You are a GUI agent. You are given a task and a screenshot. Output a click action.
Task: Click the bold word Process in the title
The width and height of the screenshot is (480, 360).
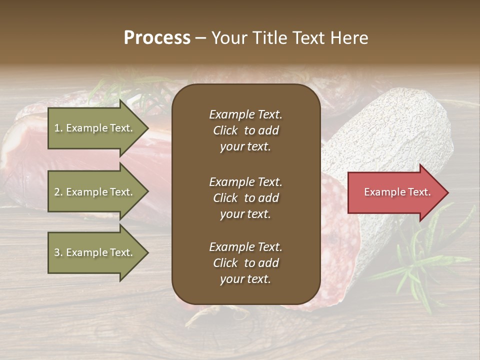point(157,38)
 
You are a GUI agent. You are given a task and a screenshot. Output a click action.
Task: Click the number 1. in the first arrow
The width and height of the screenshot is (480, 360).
point(58,128)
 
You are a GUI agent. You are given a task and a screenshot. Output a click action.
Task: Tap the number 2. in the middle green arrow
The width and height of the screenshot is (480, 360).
point(58,192)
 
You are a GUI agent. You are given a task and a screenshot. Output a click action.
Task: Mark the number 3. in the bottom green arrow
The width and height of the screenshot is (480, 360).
point(58,252)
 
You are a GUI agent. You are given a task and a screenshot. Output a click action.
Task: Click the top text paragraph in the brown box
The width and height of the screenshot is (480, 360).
point(245,130)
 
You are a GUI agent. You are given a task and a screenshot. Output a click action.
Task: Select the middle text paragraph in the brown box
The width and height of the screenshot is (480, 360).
point(245,198)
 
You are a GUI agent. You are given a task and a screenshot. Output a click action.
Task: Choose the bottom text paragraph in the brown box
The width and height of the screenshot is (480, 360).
point(245,263)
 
